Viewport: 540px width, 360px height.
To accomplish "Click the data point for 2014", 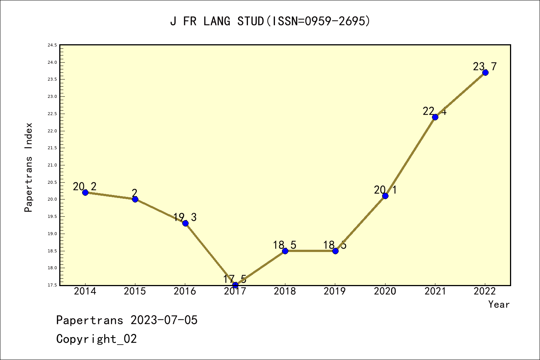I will [x=85, y=192].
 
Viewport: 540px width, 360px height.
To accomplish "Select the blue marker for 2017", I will [x=235, y=285].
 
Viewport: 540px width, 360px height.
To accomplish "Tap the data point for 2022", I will [x=485, y=72].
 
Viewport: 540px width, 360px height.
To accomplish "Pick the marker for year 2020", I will [x=385, y=196].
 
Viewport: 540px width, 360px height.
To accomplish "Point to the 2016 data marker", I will [x=185, y=223].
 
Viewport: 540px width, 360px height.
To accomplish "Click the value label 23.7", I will [x=484, y=66].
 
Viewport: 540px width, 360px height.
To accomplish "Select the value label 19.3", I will [x=185, y=217].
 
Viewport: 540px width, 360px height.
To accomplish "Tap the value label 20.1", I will [x=385, y=190].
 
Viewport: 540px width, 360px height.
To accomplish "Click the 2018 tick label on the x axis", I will [x=285, y=291].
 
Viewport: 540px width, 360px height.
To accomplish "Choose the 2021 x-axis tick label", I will [x=435, y=291].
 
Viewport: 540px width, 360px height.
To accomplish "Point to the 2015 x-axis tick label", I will [x=135, y=291].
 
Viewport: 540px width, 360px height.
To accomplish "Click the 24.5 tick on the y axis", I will [x=52, y=45].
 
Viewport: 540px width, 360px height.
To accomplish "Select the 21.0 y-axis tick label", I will [x=52, y=165].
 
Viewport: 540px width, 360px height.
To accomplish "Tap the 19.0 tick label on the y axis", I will [x=52, y=234].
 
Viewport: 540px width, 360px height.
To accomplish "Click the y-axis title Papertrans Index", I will [x=28, y=167].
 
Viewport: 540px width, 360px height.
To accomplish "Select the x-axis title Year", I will [x=499, y=304].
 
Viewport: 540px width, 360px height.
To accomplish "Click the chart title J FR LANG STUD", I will [x=270, y=21].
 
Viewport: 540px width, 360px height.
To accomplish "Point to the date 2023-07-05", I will [x=164, y=320].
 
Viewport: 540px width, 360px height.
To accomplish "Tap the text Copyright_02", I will [x=96, y=339].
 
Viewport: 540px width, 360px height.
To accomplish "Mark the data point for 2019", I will [x=335, y=251].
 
